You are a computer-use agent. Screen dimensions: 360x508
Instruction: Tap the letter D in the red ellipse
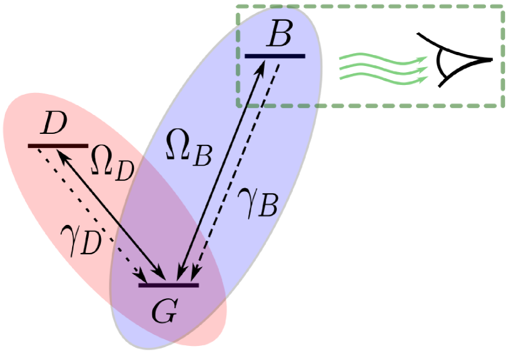click(54, 125)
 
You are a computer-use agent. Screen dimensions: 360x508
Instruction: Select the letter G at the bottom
click(164, 312)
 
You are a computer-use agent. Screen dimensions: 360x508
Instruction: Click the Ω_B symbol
click(189, 150)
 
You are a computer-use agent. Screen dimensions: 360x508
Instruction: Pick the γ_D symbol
click(80, 240)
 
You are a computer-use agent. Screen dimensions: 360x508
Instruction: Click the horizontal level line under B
click(274, 56)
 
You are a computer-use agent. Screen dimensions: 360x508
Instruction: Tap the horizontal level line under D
click(58, 145)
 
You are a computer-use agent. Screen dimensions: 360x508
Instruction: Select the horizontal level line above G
click(168, 285)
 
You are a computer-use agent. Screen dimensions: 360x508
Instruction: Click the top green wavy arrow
click(382, 59)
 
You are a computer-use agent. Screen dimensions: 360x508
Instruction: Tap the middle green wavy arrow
click(382, 68)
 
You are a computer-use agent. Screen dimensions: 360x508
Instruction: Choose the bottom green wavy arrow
click(382, 78)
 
